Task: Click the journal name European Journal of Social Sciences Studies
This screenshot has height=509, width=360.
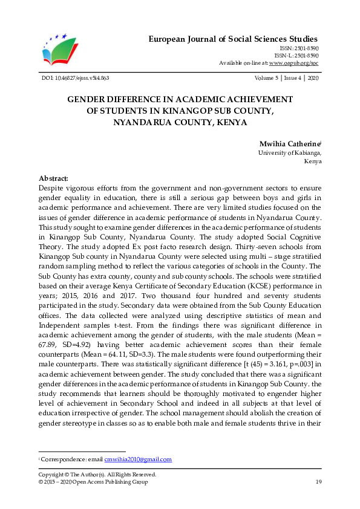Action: (x=233, y=39)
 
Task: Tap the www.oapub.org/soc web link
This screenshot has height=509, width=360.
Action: (x=294, y=63)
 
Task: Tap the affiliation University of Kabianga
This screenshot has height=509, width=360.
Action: (x=289, y=154)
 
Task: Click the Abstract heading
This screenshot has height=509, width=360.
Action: (x=54, y=179)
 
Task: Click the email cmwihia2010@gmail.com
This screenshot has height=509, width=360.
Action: (x=138, y=459)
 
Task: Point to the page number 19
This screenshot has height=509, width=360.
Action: (x=318, y=481)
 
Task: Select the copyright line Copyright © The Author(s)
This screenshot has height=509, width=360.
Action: (x=97, y=475)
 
